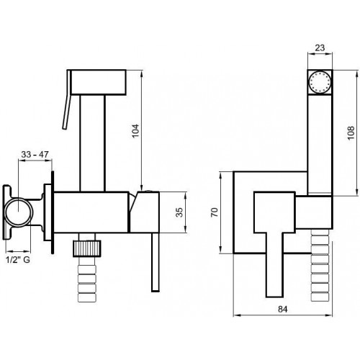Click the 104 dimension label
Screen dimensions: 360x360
[x=135, y=131]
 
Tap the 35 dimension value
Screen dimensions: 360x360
[x=179, y=212]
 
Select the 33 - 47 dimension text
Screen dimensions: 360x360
[x=35, y=154]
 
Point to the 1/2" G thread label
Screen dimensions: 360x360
[x=18, y=259]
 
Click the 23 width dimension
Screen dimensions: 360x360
[x=320, y=48]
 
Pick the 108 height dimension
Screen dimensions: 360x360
[x=351, y=132]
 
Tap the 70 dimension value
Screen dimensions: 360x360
[x=215, y=212]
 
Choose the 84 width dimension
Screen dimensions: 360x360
[x=283, y=310]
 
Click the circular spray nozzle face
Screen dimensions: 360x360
[x=320, y=82]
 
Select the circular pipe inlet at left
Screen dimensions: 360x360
[x=19, y=212]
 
